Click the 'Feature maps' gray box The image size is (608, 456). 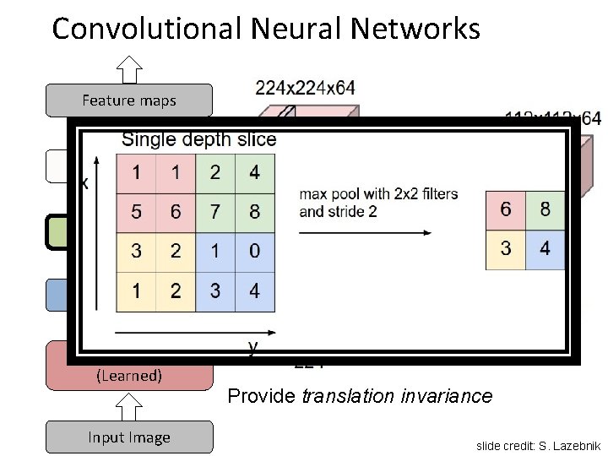128,100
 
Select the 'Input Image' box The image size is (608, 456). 128,437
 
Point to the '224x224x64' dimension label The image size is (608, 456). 305,86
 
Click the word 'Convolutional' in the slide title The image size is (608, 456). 148,29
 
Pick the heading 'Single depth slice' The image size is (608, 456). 199,139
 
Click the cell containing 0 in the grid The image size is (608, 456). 255,251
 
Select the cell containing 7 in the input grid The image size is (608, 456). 215,211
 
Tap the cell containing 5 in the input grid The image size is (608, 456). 136,211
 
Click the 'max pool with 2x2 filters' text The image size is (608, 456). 378,194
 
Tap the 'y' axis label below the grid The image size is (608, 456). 252,346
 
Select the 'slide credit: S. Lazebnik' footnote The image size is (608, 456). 538,445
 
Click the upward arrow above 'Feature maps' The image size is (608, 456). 128,68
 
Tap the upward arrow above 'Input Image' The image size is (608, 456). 128,406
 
